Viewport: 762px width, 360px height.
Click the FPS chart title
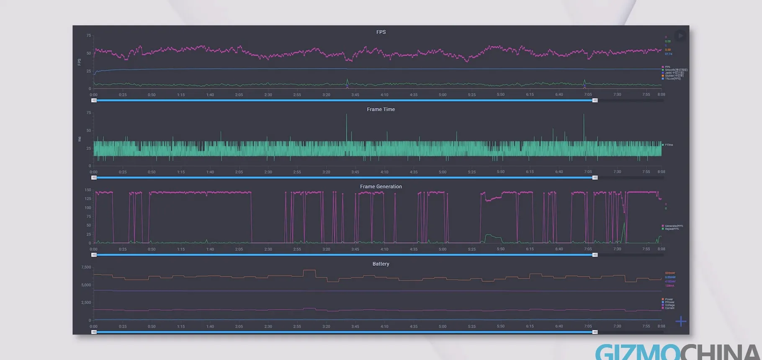pos(381,32)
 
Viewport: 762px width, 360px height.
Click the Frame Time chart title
pos(381,109)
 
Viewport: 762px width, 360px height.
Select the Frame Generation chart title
pos(381,187)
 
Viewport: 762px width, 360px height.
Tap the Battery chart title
pos(381,264)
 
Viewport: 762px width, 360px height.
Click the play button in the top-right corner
pos(680,36)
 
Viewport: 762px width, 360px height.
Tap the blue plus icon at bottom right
pos(681,321)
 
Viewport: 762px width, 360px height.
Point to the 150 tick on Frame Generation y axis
pos(88,190)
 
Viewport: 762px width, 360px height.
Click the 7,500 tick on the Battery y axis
pos(86,267)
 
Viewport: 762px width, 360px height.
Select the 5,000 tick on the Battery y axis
pos(86,285)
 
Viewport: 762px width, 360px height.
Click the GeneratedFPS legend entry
pos(673,226)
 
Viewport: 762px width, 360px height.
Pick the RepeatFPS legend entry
pos(672,229)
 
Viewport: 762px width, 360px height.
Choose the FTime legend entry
pos(669,145)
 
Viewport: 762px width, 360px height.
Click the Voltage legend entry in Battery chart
pos(669,305)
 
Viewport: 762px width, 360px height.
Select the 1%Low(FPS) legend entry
pos(672,79)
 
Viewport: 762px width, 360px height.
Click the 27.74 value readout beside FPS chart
pos(669,54)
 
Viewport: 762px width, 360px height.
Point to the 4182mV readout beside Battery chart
pos(670,281)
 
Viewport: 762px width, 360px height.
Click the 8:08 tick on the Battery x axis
pos(661,326)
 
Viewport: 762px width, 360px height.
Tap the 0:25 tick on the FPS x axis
pos(123,95)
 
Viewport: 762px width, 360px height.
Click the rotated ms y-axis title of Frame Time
pos(80,139)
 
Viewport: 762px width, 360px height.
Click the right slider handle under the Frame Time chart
pos(595,178)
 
